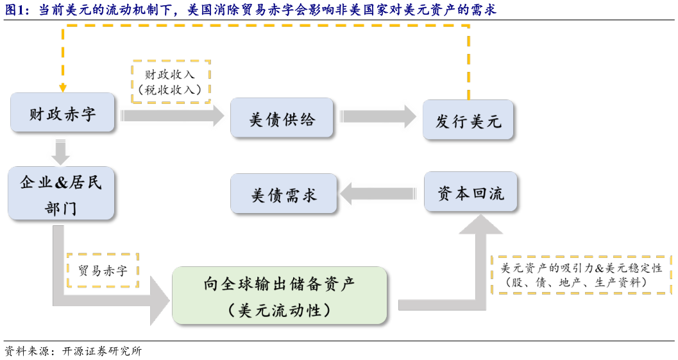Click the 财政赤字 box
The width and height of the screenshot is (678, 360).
(x=63, y=113)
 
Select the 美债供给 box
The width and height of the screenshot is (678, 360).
(x=282, y=117)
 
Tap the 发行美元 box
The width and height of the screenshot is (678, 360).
(x=468, y=120)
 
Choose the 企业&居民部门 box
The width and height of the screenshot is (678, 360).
(x=61, y=193)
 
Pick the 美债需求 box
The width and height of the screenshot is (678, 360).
(x=284, y=194)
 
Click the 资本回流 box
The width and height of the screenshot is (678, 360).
(x=470, y=192)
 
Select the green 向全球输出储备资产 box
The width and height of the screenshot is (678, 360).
(x=280, y=295)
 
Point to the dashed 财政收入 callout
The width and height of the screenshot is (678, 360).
(x=171, y=81)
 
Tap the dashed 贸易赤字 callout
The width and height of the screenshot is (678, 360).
(x=103, y=271)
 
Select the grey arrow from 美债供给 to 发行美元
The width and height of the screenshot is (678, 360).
(x=378, y=117)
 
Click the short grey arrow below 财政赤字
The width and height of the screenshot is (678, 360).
(x=61, y=152)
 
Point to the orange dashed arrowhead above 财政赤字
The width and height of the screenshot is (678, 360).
(x=62, y=88)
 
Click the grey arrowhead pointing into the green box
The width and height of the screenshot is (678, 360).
(x=159, y=299)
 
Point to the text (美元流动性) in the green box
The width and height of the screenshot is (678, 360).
(x=279, y=310)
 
